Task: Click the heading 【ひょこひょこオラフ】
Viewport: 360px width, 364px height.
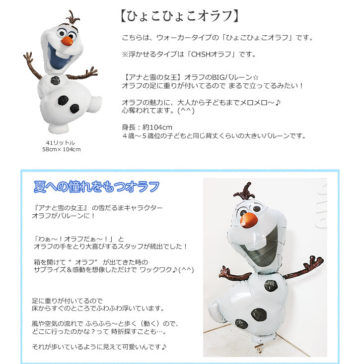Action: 180,16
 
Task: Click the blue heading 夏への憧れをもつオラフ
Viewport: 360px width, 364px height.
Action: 96,186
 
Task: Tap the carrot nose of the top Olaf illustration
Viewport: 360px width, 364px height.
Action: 67,41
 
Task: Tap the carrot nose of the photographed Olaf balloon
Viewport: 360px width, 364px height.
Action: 249,219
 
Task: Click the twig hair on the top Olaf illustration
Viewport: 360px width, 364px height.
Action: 72,18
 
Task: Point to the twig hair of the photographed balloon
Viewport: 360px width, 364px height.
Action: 245,191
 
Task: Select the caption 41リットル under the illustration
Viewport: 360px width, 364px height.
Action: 61,142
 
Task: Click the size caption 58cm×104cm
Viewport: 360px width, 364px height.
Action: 62,149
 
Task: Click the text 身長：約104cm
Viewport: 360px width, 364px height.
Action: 147,127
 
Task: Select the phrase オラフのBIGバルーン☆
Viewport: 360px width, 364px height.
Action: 221,77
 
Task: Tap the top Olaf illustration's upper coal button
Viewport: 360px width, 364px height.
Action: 56,80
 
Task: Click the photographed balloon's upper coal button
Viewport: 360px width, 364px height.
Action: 271,286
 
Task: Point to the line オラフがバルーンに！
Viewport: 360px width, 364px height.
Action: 64,216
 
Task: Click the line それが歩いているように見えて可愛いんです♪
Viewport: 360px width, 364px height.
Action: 99,347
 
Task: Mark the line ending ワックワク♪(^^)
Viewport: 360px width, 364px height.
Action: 114,269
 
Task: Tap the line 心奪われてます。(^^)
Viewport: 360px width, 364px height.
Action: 158,111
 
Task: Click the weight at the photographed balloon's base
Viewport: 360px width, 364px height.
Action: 259,348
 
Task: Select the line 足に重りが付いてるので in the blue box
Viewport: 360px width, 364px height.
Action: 67,301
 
